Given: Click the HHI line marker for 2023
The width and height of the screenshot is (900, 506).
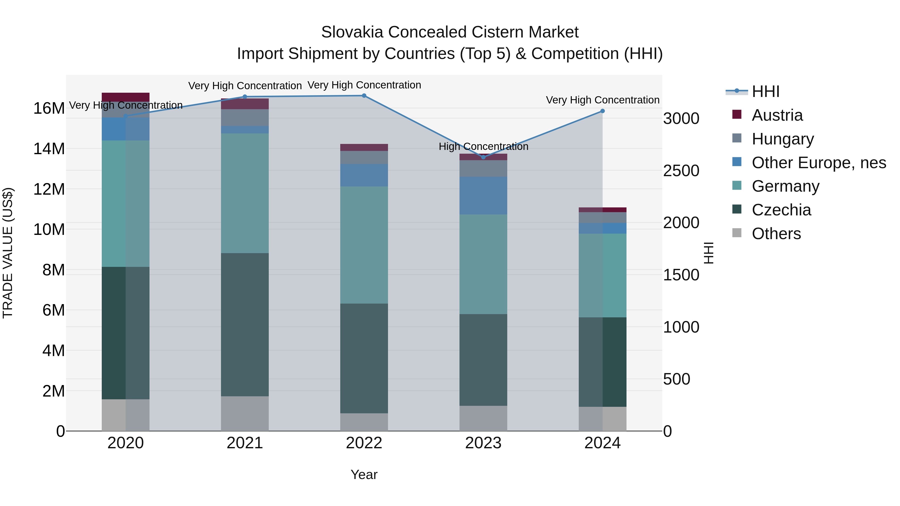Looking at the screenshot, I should pyautogui.click(x=483, y=157).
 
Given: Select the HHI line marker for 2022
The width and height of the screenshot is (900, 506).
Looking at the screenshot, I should pyautogui.click(x=364, y=96).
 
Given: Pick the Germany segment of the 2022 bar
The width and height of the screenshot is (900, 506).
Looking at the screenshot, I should pyautogui.click(x=364, y=244).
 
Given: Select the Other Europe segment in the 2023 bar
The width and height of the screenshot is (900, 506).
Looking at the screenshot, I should pyautogui.click(x=483, y=196).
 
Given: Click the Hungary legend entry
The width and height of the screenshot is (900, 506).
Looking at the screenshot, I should pyautogui.click(x=782, y=139).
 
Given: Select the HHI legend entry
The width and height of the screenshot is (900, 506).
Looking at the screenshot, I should pyautogui.click(x=765, y=91).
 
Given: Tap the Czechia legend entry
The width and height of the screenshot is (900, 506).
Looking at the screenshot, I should pyautogui.click(x=781, y=210).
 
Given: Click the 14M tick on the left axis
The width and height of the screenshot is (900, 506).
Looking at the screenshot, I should pyautogui.click(x=49, y=149).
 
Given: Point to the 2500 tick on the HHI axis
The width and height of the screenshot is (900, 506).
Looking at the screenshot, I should pyautogui.click(x=681, y=171).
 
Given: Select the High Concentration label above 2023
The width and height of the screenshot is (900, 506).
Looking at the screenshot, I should pyautogui.click(x=483, y=146).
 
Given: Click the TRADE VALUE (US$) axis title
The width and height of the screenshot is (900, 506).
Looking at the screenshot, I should pyautogui.click(x=8, y=253).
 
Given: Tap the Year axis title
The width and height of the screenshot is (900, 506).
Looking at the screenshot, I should pyautogui.click(x=364, y=475).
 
